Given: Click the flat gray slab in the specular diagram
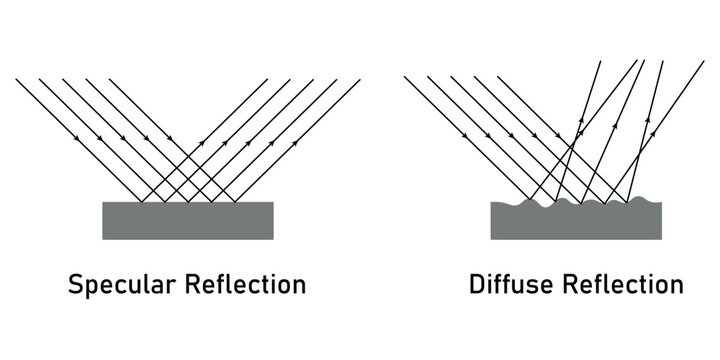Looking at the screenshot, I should [x=188, y=220].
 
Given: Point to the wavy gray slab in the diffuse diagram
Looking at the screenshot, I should [x=576, y=222].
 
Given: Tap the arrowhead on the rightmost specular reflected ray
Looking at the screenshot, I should [x=297, y=141].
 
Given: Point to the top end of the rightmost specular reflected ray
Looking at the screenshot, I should [x=359, y=78].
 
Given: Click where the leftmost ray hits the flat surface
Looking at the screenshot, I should [x=142, y=202].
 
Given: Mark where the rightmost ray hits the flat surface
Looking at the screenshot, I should [x=235, y=202].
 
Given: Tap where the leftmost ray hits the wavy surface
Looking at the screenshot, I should [x=531, y=200].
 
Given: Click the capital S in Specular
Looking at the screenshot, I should [x=75, y=285].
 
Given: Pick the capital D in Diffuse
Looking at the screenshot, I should [x=477, y=285].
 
